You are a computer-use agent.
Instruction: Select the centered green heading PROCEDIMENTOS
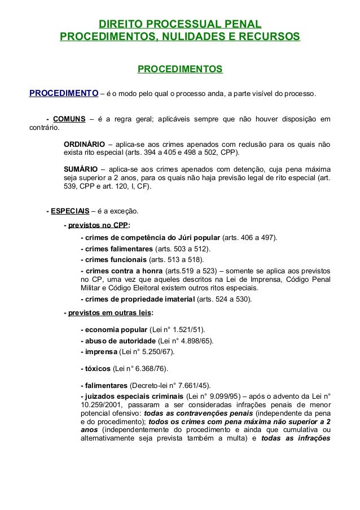pos(180,69)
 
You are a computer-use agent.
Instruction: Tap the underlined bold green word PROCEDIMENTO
pos(64,93)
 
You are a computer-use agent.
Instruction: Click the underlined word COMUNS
pos(69,119)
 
